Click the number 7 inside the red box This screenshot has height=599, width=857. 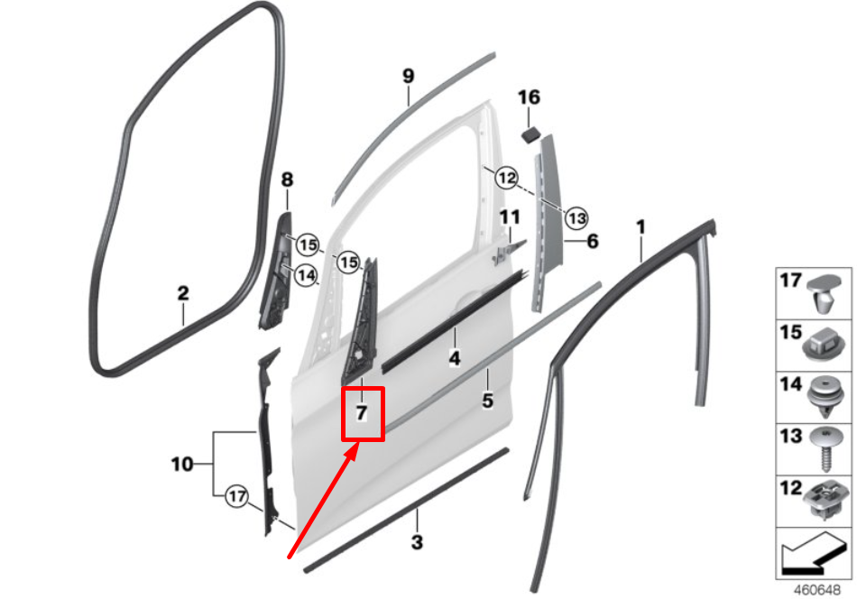click(x=361, y=414)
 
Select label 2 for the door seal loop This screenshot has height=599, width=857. click(x=182, y=293)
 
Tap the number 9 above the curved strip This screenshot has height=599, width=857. click(x=408, y=77)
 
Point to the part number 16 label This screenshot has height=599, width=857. click(x=529, y=97)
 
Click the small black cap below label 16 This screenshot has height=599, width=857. click(x=530, y=134)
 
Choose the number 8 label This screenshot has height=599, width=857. click(x=288, y=180)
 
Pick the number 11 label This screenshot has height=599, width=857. click(x=511, y=217)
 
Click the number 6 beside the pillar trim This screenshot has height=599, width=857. click(x=593, y=241)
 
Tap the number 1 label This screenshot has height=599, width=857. click(x=641, y=226)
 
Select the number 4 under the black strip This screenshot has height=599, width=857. click(x=455, y=359)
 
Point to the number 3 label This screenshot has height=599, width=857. click(x=417, y=542)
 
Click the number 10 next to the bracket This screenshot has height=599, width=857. click(x=181, y=464)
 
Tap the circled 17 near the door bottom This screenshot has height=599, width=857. click(x=236, y=495)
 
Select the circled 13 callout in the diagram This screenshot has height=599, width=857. click(x=576, y=217)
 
